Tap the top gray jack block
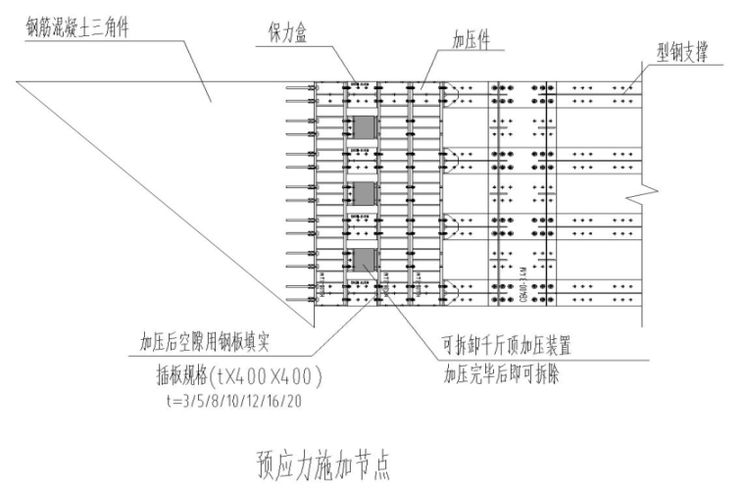[364, 128]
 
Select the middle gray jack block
[364, 193]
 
